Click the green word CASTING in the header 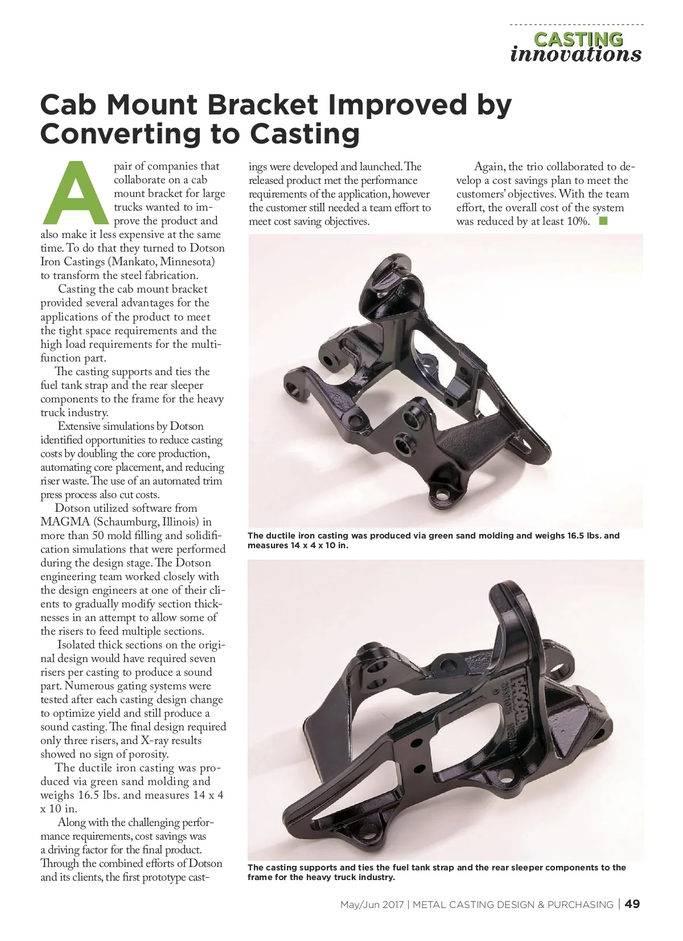[x=578, y=39]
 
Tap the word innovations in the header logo [x=575, y=55]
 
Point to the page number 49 [x=632, y=904]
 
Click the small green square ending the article [x=603, y=221]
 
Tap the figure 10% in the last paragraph [x=578, y=221]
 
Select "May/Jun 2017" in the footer [x=372, y=905]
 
